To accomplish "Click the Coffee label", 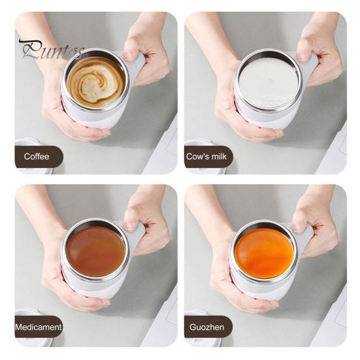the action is [37, 157].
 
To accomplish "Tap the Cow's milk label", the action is [206, 157].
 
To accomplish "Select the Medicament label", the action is [39, 327].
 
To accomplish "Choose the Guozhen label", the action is [206, 327].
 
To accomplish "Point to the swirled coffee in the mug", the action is [96, 82].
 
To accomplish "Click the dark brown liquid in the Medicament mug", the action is [95, 252].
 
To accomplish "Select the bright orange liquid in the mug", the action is [264, 254].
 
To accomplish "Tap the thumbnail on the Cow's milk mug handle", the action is [303, 57].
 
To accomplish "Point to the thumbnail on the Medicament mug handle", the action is [130, 226].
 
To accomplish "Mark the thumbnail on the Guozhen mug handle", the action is [298, 226].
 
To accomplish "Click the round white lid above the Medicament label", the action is [27, 312].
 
